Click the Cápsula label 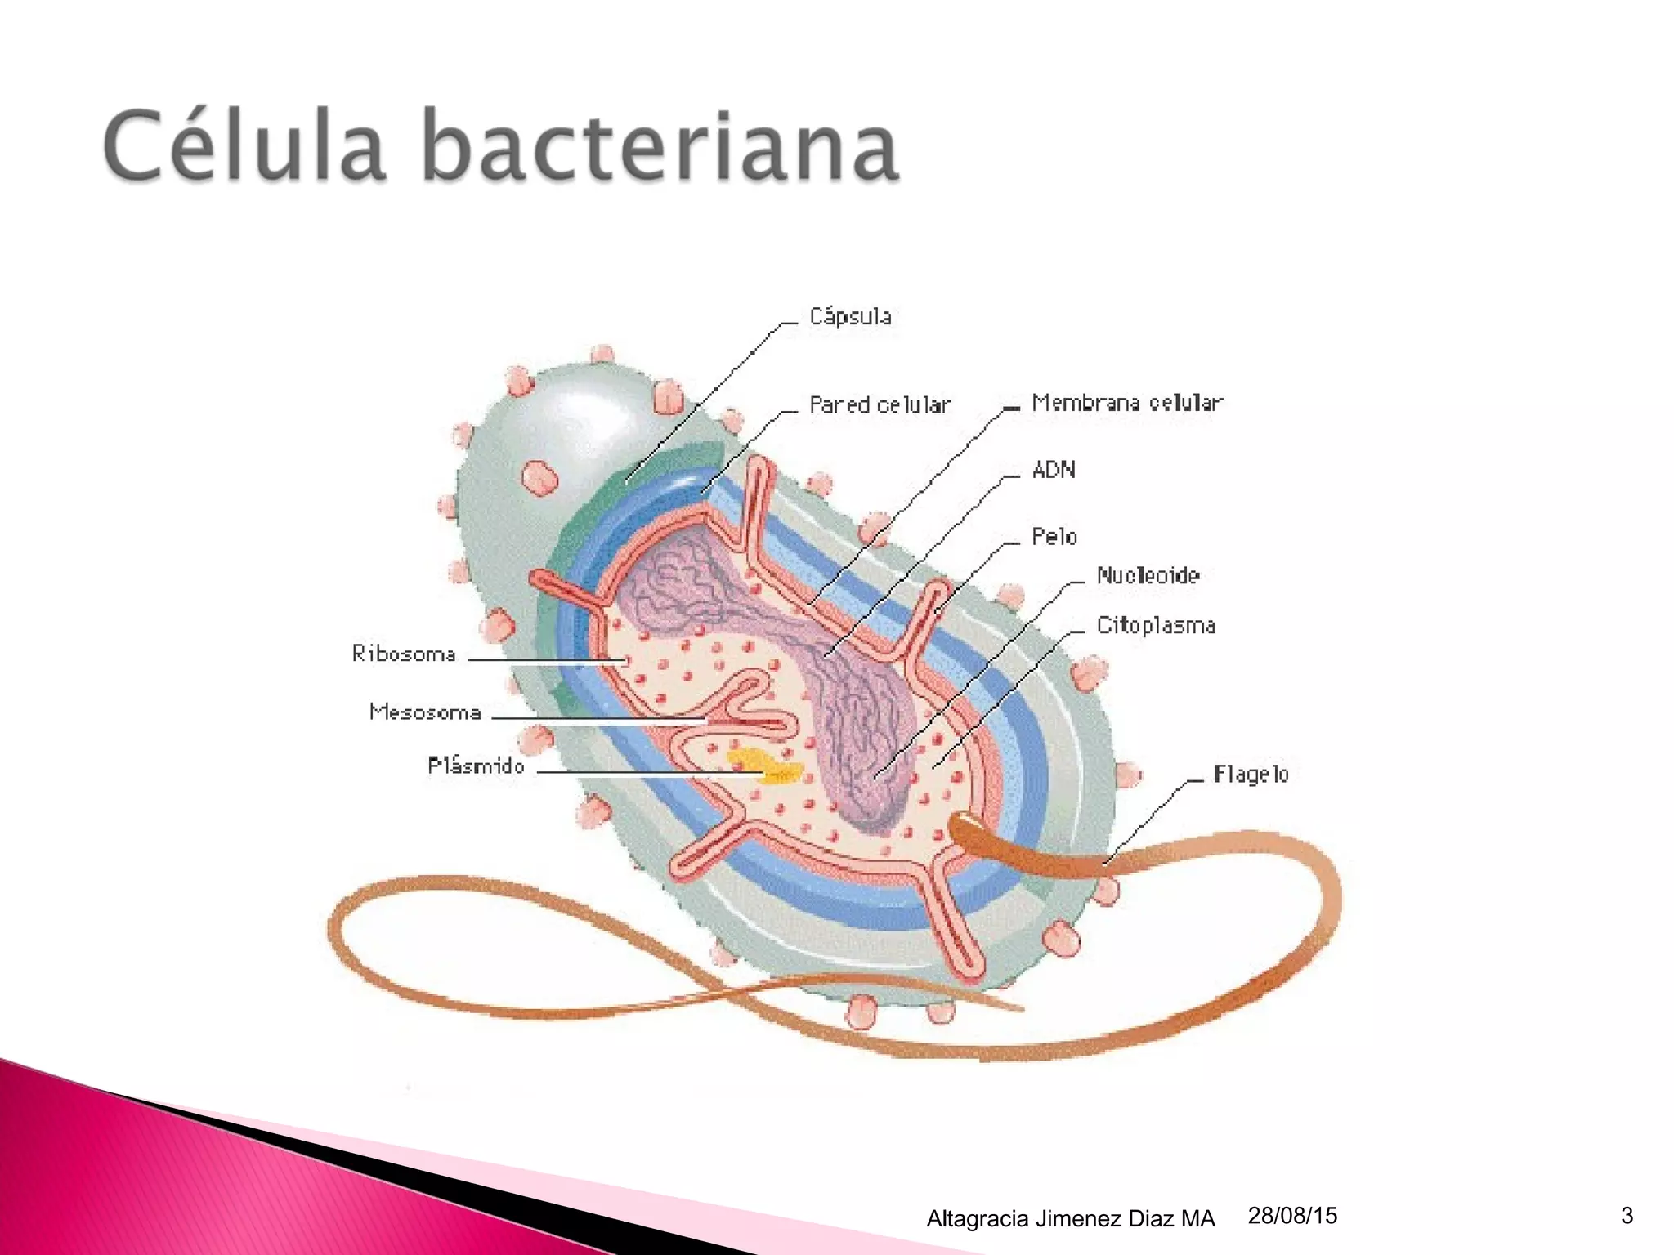point(850,317)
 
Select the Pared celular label point(880,405)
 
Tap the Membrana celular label point(1126,403)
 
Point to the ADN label point(1054,470)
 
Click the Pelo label point(1054,537)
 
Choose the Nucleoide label point(1148,576)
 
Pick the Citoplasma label point(1155,626)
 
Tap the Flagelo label point(1251,775)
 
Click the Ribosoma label point(404,654)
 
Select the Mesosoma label point(425,712)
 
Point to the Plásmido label point(476,766)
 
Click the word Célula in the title point(244,147)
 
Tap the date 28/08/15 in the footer point(1292,1216)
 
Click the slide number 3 point(1627,1216)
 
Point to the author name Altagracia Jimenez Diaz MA point(1071,1219)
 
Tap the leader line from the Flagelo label point(1148,817)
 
